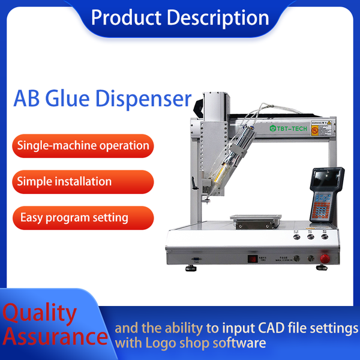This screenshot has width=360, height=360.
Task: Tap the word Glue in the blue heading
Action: (x=85, y=98)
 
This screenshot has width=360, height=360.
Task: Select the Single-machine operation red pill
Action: (x=83, y=145)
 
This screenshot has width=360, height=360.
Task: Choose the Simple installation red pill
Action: (x=65, y=181)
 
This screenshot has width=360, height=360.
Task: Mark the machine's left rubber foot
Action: (x=191, y=268)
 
